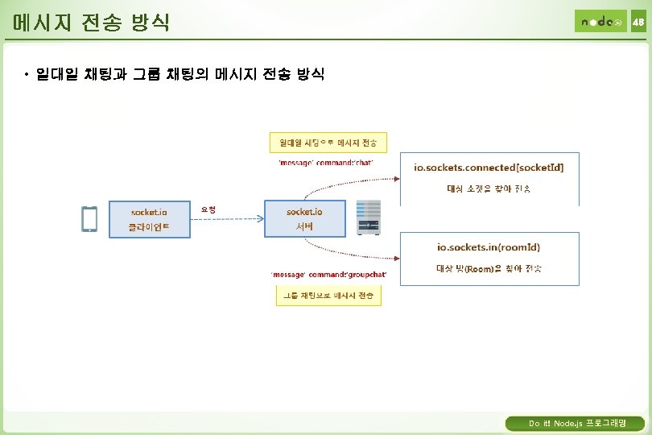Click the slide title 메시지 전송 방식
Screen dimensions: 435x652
[86, 22]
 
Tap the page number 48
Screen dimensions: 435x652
[638, 22]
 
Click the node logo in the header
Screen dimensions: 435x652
[600, 22]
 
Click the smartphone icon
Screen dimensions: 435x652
[89, 218]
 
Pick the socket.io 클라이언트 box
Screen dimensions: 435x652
[150, 219]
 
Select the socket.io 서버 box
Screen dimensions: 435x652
[305, 219]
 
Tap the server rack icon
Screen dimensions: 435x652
[369, 217]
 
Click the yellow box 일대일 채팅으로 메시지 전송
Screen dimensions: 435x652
[328, 143]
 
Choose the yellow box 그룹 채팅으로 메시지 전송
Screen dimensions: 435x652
[328, 296]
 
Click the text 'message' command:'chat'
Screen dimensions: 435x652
[325, 163]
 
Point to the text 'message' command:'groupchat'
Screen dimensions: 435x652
[328, 275]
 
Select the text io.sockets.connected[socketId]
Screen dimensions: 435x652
[489, 168]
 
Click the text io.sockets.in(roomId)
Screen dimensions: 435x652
[489, 248]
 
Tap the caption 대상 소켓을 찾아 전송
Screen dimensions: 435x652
[489, 188]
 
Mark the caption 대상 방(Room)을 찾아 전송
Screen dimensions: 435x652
[489, 267]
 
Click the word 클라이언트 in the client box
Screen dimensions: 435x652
[150, 228]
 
